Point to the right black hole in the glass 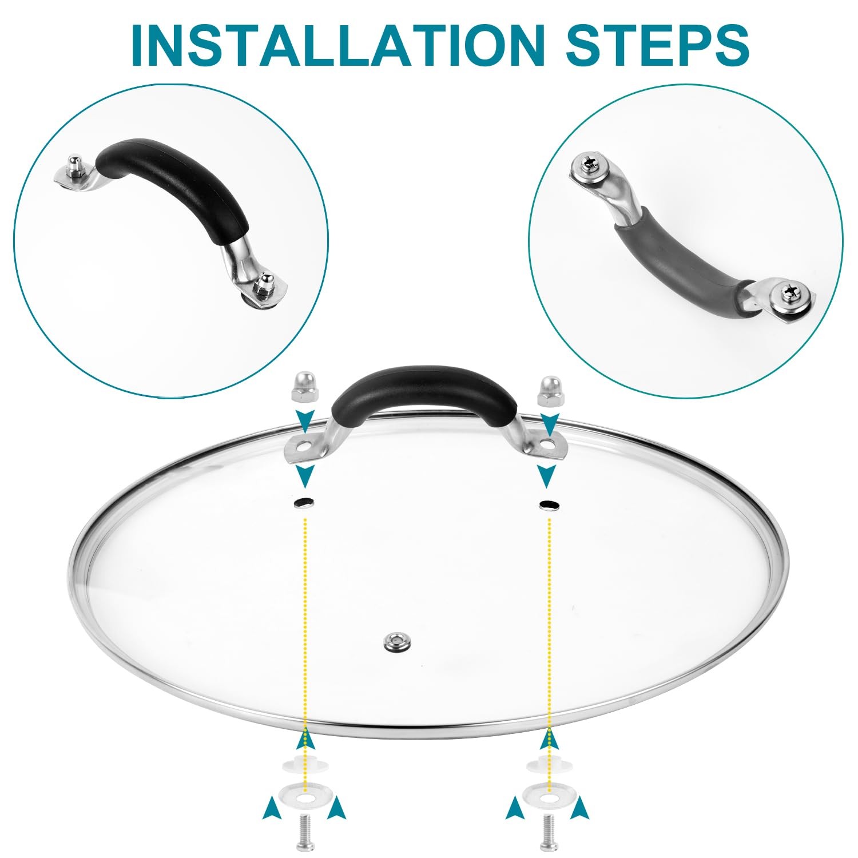pyautogui.click(x=550, y=505)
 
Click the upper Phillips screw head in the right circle pyautogui.click(x=589, y=166)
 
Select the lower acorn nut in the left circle pyautogui.click(x=264, y=284)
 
